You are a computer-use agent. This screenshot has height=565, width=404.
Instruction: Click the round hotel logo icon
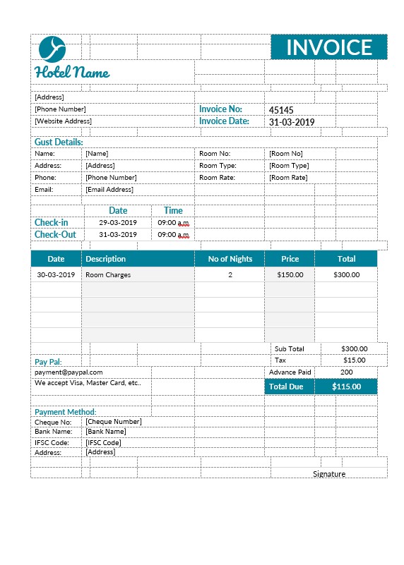point(52,48)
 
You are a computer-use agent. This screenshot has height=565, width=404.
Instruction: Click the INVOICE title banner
point(329,47)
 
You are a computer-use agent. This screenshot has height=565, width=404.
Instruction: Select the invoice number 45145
point(281,110)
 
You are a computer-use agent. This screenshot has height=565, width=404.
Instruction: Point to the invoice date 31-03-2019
point(292,122)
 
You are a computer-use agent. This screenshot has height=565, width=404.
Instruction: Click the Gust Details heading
point(59,142)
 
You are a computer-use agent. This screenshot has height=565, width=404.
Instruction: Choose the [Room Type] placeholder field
point(289,166)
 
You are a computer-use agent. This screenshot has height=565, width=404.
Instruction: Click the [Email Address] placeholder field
point(109,190)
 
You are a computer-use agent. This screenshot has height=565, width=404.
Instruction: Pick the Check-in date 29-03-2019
point(118,223)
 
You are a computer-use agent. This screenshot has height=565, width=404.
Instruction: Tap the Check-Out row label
point(55,235)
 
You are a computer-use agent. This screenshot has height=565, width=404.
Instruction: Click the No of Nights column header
point(230,259)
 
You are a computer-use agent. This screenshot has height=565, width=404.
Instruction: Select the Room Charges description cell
point(108,275)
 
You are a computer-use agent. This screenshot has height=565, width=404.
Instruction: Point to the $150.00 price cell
point(290,275)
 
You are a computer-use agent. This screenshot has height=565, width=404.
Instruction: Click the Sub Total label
point(290,349)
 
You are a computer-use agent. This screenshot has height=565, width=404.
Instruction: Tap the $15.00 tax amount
point(354,360)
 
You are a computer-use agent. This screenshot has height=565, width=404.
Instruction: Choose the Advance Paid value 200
point(347,372)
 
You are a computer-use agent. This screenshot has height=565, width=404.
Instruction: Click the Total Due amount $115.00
point(346,387)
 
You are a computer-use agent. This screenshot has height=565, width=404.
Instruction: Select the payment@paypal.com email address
point(69,372)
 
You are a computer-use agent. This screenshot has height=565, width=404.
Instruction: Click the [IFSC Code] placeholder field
point(103,442)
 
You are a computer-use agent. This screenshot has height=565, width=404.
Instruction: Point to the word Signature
point(329,474)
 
